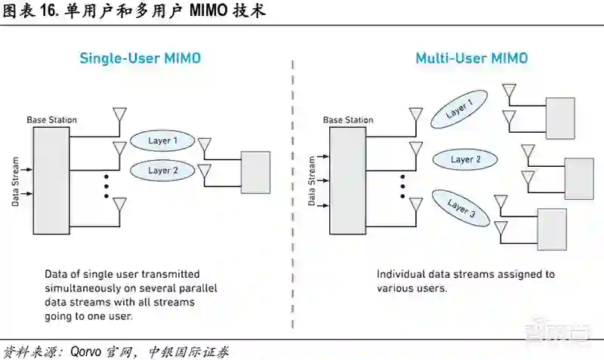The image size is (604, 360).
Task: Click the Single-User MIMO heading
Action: (140, 59)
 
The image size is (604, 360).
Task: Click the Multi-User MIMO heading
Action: (471, 59)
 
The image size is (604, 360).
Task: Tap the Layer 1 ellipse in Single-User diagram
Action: (163, 140)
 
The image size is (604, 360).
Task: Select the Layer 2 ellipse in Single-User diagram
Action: (163, 171)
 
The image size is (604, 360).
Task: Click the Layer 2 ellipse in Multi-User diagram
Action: (465, 159)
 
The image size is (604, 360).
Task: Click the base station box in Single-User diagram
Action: (51, 175)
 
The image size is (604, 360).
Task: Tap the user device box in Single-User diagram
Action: (255, 172)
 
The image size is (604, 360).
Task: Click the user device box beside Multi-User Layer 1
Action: (559, 118)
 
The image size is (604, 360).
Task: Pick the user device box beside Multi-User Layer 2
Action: (578, 178)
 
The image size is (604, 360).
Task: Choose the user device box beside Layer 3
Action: (551, 229)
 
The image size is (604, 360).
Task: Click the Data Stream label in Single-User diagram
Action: (14, 181)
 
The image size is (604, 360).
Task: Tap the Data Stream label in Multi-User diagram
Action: (311, 181)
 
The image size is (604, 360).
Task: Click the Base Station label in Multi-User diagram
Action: (348, 120)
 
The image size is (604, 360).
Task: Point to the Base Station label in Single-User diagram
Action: (51, 120)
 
